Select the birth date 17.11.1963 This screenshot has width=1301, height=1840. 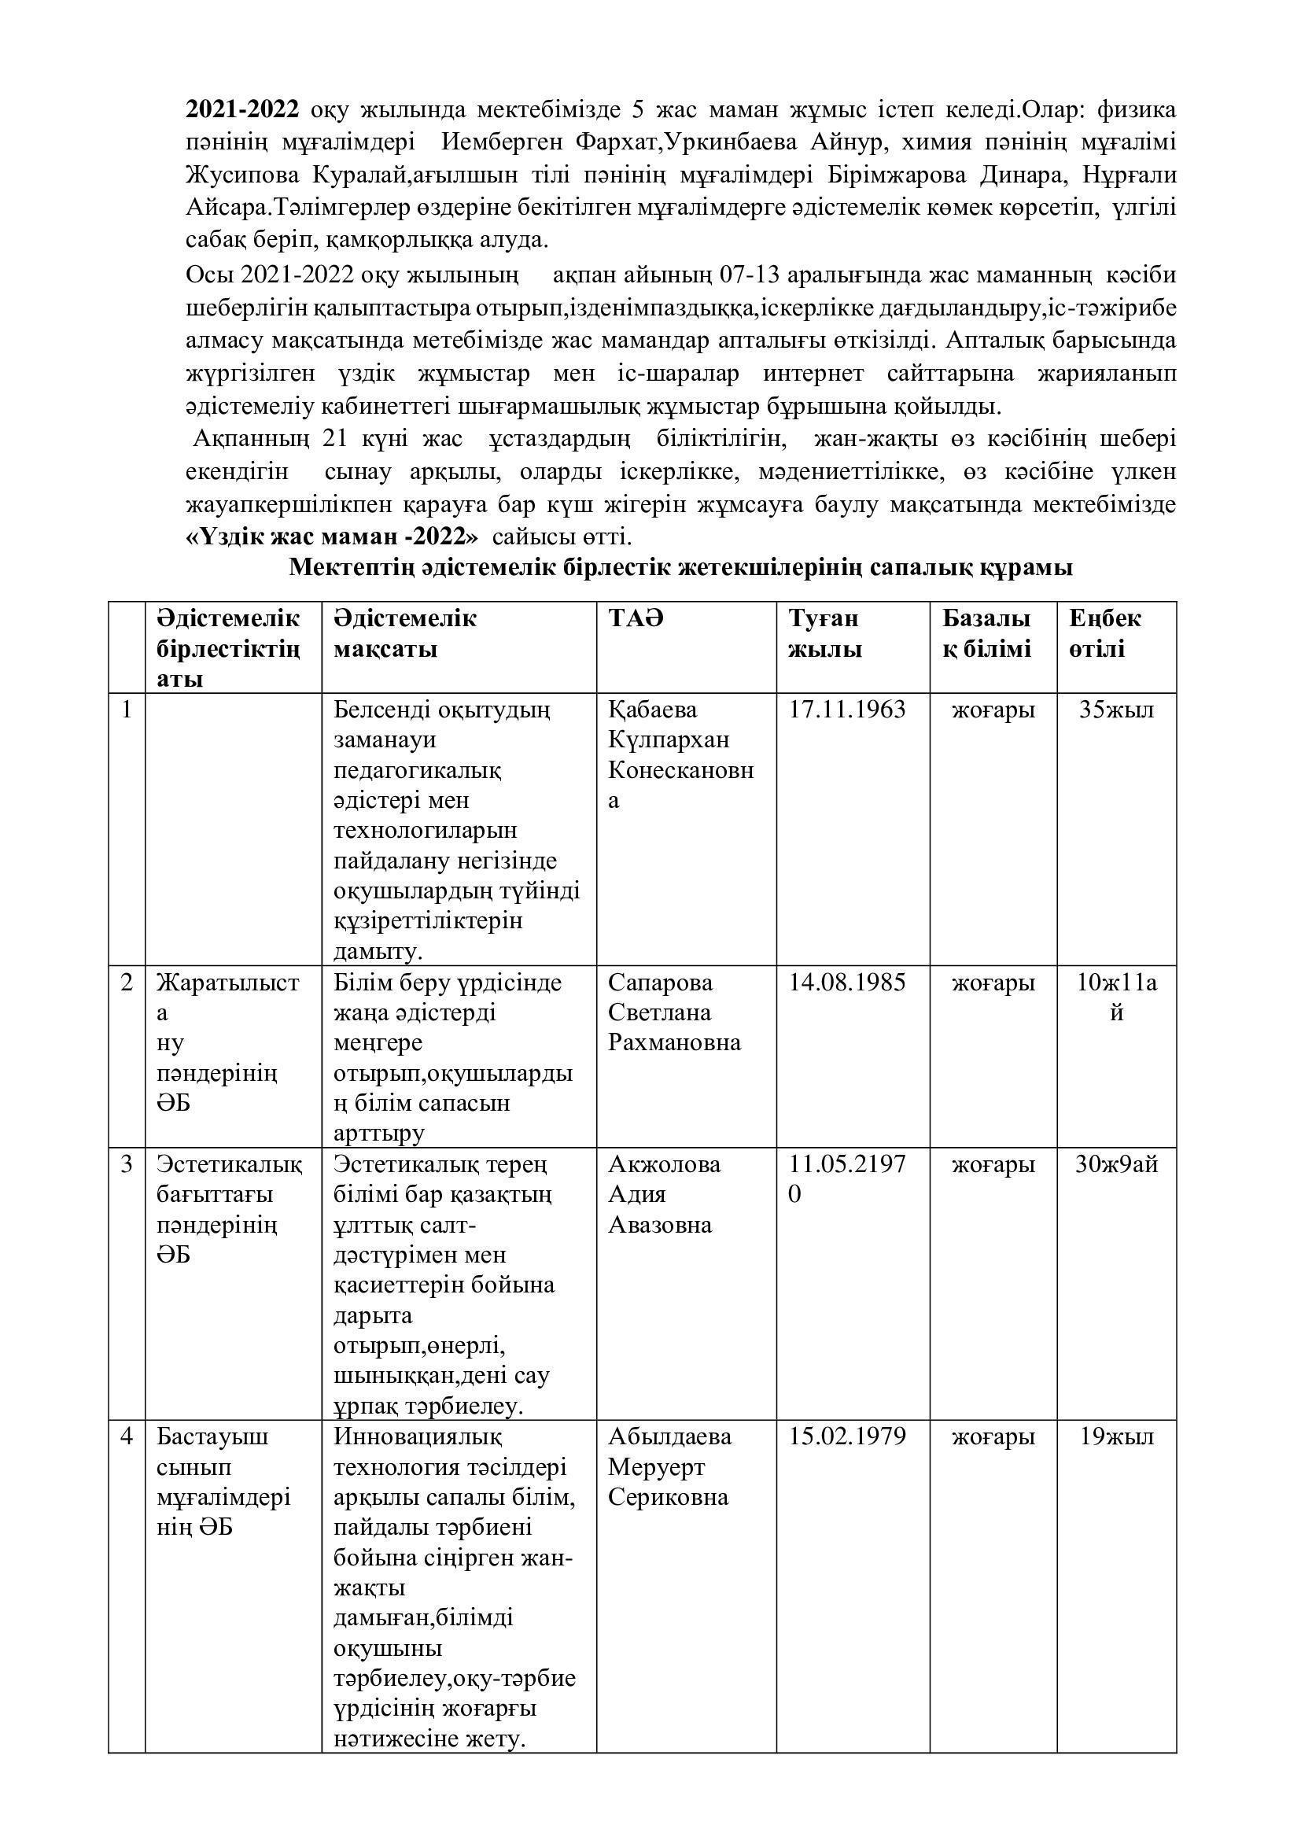click(x=847, y=710)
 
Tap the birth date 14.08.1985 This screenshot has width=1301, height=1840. click(x=847, y=983)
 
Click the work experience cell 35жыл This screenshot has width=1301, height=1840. click(x=1116, y=710)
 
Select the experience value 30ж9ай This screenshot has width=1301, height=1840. click(x=1116, y=1164)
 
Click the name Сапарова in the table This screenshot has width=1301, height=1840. click(x=660, y=983)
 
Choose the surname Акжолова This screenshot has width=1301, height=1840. click(x=664, y=1164)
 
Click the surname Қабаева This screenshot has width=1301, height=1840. click(x=653, y=710)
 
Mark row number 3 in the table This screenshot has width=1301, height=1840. click(x=127, y=1164)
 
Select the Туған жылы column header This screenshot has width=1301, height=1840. click(x=825, y=634)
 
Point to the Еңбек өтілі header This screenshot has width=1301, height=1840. click(x=1104, y=634)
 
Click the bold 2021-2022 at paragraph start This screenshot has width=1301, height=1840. click(x=243, y=109)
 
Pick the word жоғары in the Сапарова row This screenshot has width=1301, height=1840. click(x=993, y=983)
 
